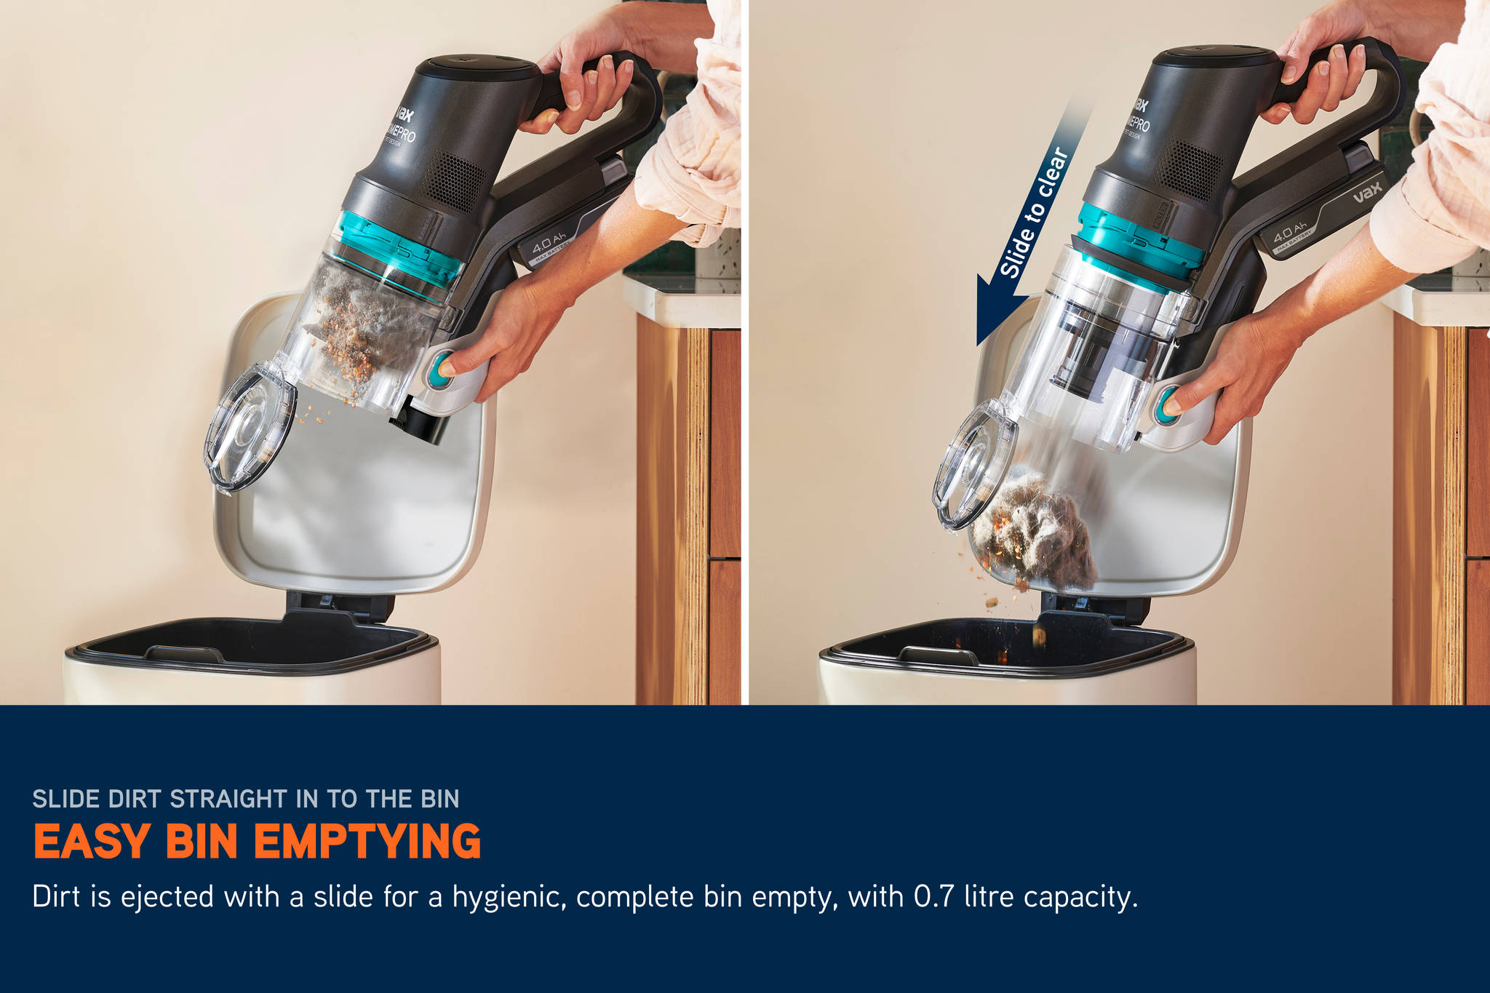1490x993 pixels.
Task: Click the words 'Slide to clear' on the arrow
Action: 1034,212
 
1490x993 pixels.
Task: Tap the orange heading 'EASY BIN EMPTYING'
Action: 257,842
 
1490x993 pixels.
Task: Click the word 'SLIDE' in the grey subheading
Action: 65,799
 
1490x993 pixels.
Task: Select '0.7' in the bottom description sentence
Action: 933,896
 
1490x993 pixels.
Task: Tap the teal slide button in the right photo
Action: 1166,404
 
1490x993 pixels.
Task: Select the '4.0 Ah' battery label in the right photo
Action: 1290,233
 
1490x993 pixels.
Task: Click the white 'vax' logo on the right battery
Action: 1367,192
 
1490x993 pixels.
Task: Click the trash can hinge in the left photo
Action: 339,604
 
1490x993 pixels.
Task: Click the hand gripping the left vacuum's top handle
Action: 589,80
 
